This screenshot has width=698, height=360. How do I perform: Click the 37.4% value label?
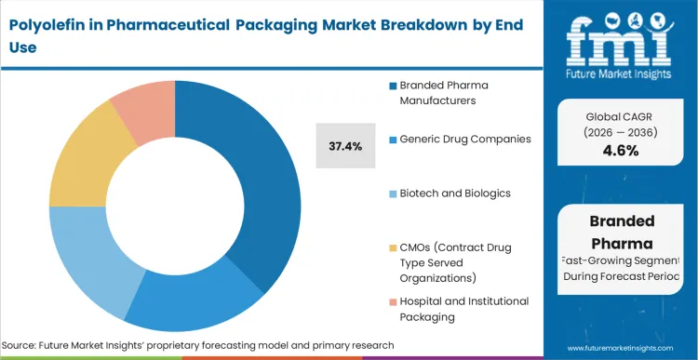346,145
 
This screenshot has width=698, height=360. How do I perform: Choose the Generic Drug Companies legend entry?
465,139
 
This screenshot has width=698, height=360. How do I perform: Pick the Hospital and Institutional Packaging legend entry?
463,308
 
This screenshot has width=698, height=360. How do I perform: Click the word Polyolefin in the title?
46,25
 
